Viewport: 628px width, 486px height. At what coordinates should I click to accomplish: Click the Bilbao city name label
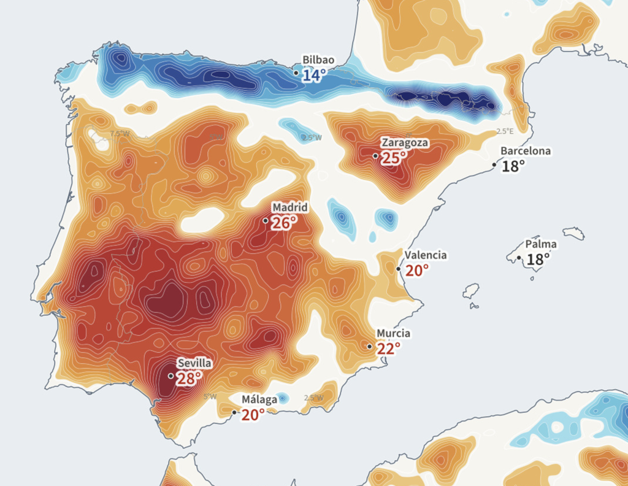pyautogui.click(x=318, y=60)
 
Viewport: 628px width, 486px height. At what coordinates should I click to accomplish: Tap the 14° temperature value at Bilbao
pyautogui.click(x=314, y=76)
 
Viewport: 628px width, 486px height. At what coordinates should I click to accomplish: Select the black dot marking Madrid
pyautogui.click(x=266, y=220)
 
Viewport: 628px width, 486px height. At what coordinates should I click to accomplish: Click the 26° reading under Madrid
pyautogui.click(x=284, y=223)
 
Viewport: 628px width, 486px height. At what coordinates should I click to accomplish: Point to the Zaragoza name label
pyautogui.click(x=405, y=143)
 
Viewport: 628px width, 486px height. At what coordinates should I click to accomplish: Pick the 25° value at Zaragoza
pyautogui.click(x=394, y=158)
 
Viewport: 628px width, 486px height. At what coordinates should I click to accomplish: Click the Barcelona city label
pyautogui.click(x=526, y=151)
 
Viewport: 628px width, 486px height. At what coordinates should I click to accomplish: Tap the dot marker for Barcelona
pyautogui.click(x=495, y=165)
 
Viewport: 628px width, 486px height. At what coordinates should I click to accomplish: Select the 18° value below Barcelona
pyautogui.click(x=513, y=166)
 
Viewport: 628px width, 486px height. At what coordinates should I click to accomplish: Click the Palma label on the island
pyautogui.click(x=541, y=244)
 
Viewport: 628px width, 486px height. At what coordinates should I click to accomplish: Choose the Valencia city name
pyautogui.click(x=426, y=255)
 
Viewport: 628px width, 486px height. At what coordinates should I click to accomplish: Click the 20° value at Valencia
pyautogui.click(x=416, y=271)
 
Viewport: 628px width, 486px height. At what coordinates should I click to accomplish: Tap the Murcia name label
pyautogui.click(x=393, y=333)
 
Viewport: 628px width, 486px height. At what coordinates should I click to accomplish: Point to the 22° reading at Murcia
pyautogui.click(x=388, y=349)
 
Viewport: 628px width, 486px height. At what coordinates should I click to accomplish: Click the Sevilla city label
pyautogui.click(x=194, y=363)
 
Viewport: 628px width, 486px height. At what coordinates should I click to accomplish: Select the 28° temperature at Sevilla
pyautogui.click(x=189, y=379)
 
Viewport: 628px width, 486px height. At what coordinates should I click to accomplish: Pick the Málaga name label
pyautogui.click(x=259, y=399)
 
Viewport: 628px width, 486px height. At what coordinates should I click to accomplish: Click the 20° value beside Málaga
pyautogui.click(x=253, y=415)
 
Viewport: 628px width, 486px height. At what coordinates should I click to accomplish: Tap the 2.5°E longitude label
pyautogui.click(x=504, y=131)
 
